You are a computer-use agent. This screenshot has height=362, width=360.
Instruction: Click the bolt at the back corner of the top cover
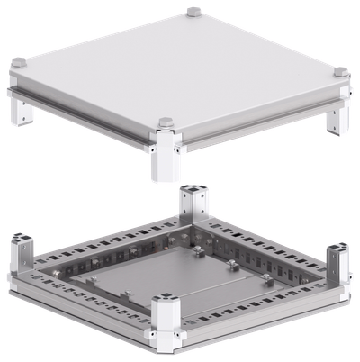tap(194, 12)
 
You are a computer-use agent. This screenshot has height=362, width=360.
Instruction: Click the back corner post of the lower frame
tap(194, 203)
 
